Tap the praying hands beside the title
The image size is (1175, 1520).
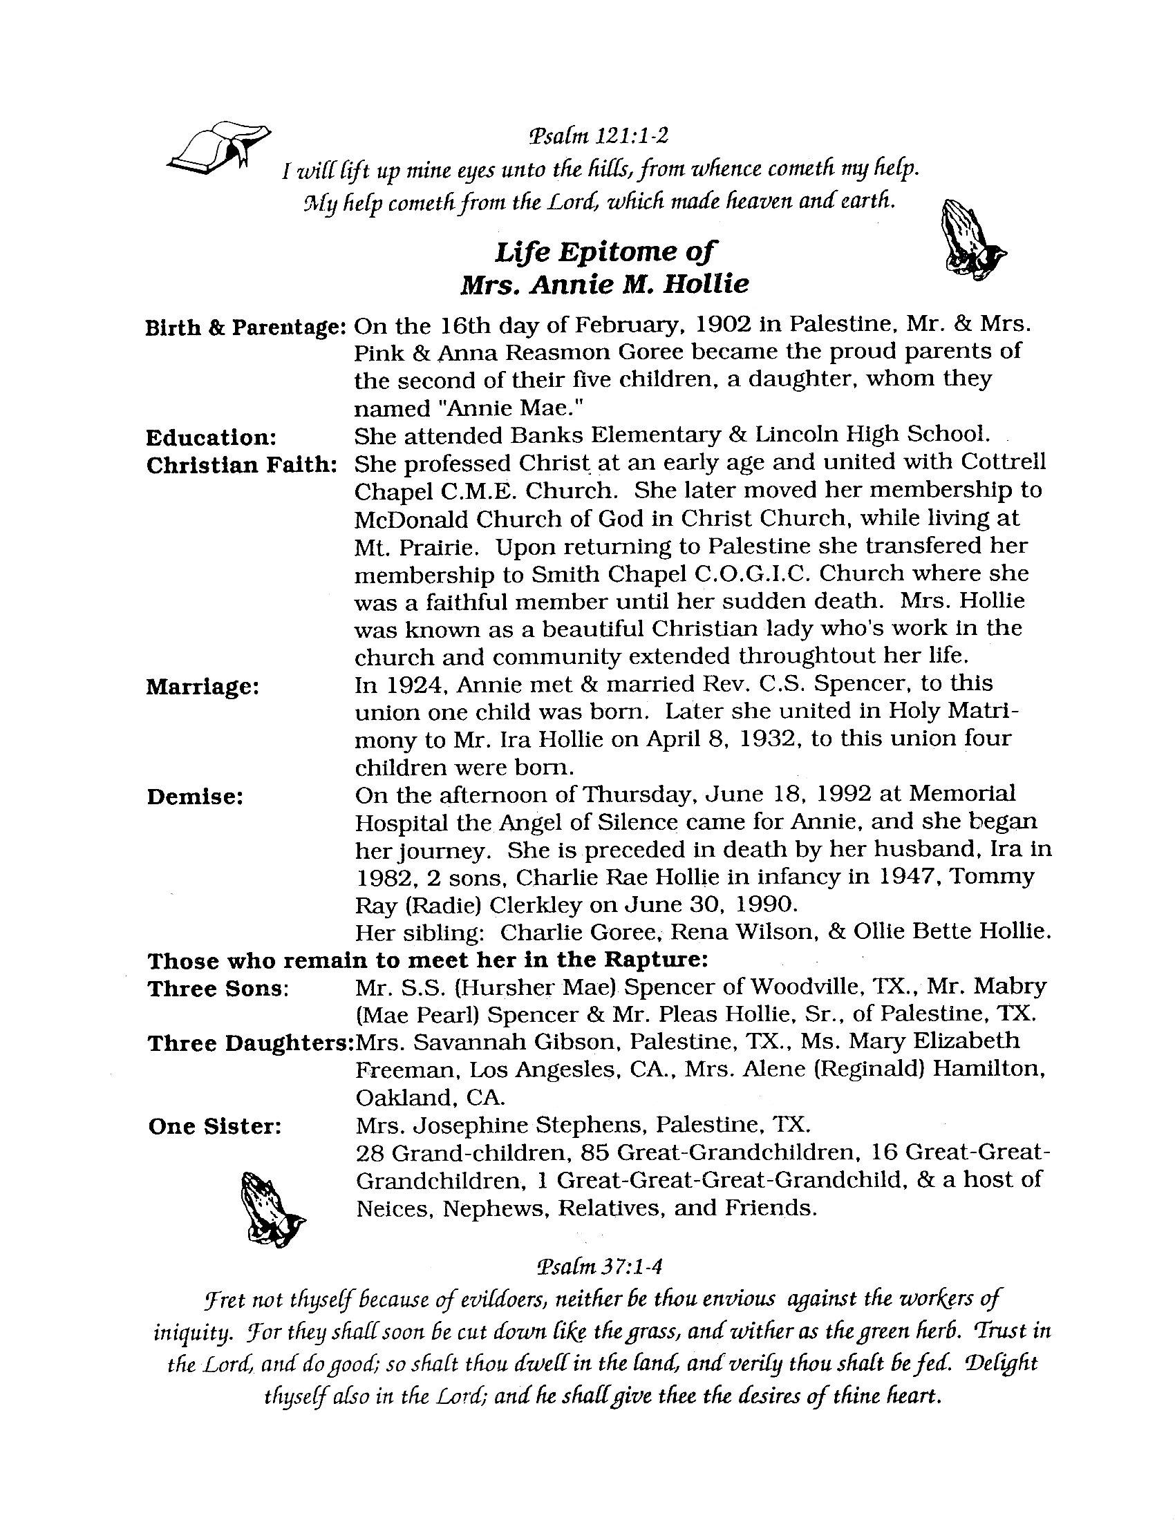pyautogui.click(x=973, y=241)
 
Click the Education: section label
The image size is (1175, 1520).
pyautogui.click(x=211, y=438)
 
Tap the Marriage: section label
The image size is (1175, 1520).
pyautogui.click(x=203, y=687)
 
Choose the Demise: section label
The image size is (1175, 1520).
pyautogui.click(x=195, y=797)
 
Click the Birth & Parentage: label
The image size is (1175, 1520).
pyautogui.click(x=246, y=327)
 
